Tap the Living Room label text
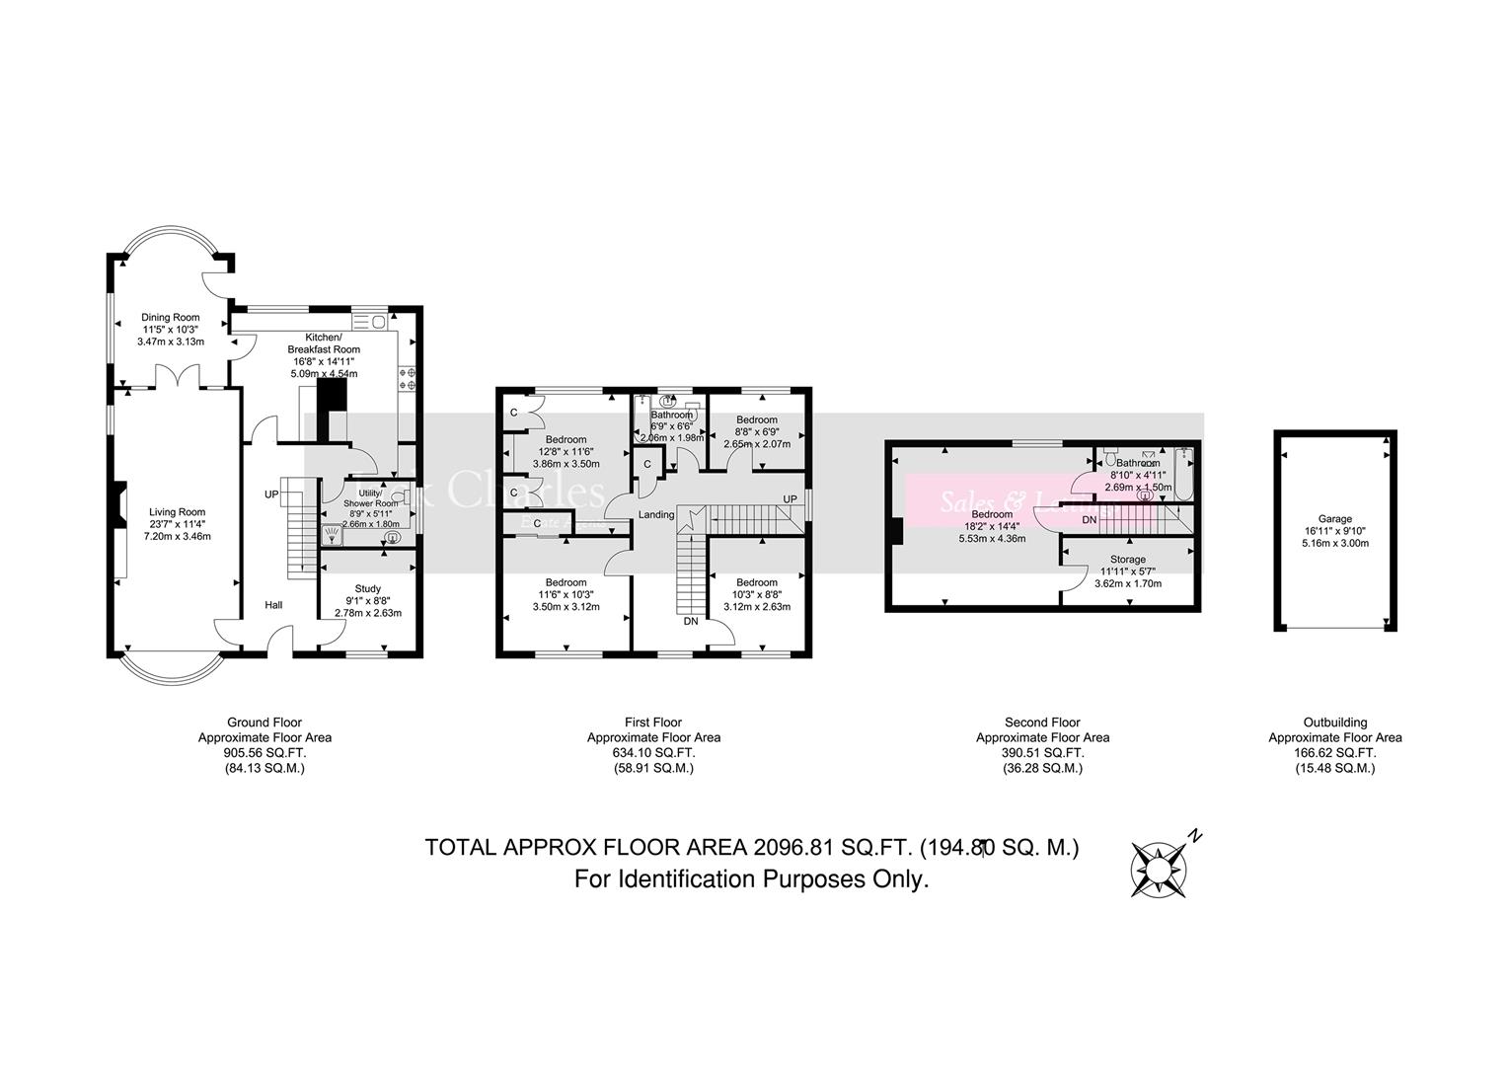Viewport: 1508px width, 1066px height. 177,511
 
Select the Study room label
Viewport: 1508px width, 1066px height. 367,589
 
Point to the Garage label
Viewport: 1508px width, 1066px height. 1335,518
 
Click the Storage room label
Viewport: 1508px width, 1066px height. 1128,559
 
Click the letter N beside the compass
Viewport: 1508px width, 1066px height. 1195,836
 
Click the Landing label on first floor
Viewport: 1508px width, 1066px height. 656,515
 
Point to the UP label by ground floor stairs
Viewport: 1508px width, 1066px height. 270,494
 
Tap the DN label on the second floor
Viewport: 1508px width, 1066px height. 1089,519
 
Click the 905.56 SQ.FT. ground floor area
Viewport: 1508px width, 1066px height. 264,752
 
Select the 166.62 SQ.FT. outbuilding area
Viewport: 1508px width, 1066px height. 1334,752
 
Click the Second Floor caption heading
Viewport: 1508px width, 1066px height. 1042,723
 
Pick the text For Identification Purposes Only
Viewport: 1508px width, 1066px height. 752,879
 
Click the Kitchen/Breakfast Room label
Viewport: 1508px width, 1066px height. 324,343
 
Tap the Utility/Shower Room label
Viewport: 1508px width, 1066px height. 370,498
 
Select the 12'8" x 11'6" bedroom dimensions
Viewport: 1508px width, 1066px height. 565,451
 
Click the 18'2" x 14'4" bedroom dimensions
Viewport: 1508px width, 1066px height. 991,526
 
